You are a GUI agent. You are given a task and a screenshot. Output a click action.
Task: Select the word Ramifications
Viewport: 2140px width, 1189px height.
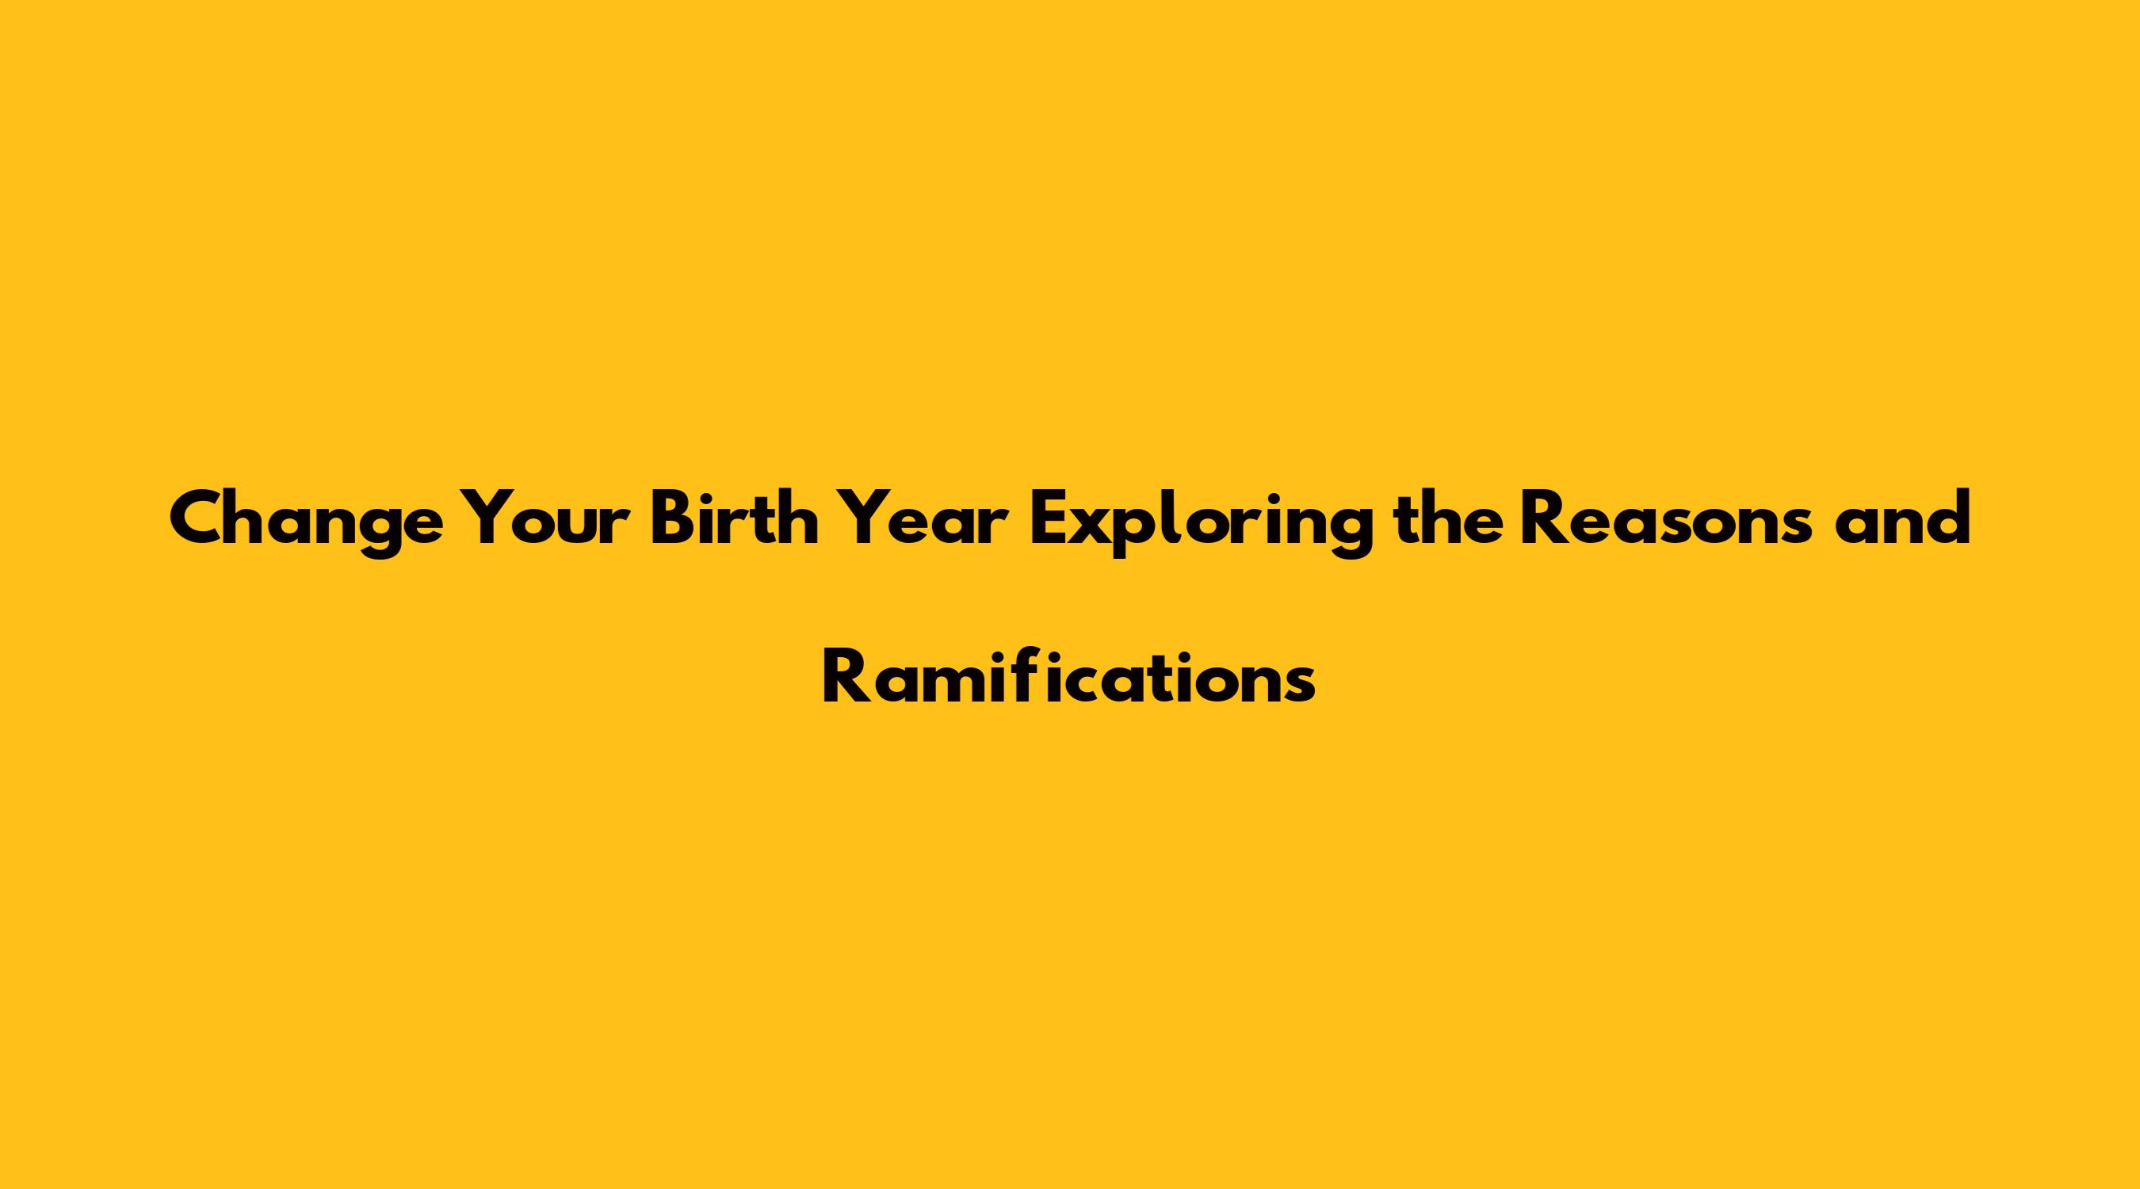[x=1069, y=675]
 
